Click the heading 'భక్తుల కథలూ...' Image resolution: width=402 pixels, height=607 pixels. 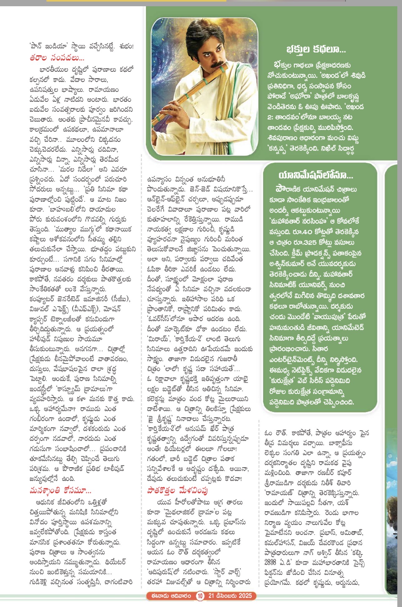click(316, 50)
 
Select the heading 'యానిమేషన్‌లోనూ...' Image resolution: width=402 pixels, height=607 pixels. click(316, 176)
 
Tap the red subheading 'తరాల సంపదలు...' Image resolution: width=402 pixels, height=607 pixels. click(57, 58)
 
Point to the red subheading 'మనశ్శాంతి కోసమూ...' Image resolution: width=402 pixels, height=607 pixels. click(60, 491)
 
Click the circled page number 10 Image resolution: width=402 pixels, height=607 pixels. click(200, 596)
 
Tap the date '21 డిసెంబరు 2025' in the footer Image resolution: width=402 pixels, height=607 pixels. click(230, 596)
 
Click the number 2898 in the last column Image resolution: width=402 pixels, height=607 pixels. click(270, 562)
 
